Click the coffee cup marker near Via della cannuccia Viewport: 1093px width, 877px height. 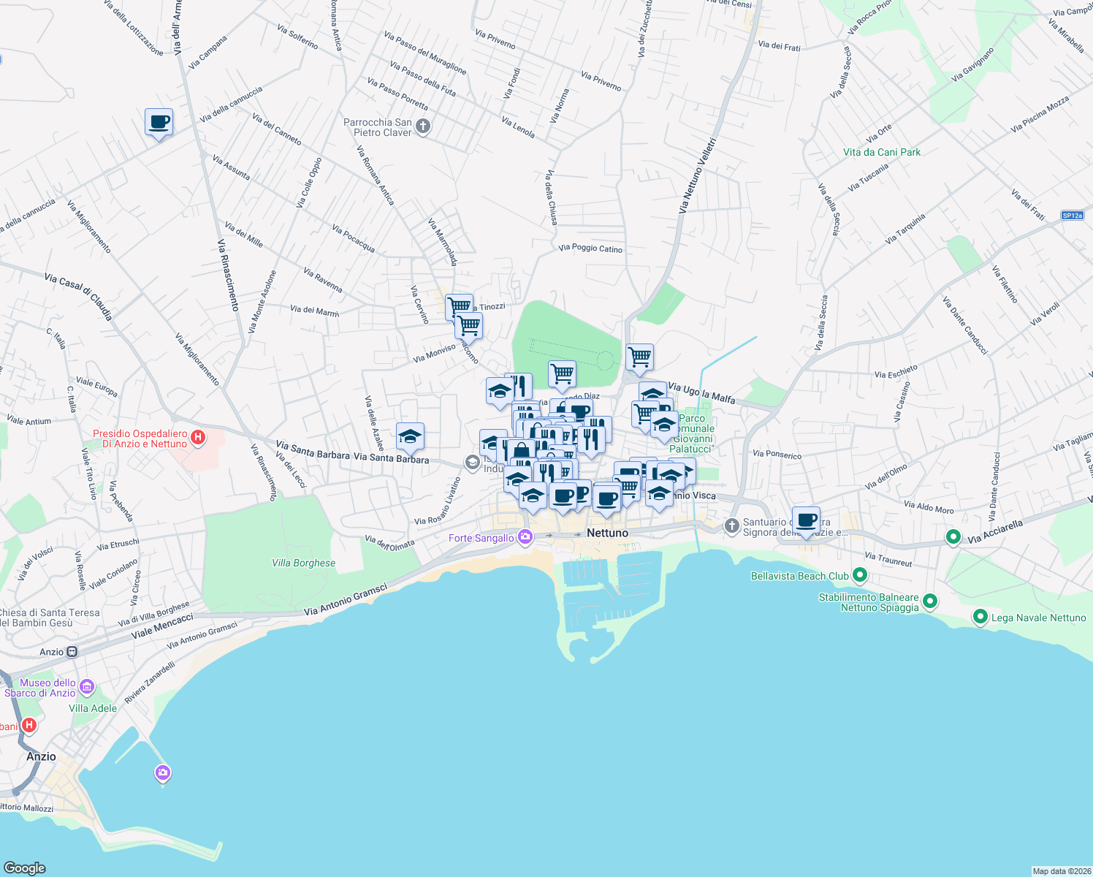(x=159, y=122)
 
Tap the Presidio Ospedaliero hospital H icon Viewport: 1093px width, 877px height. (x=197, y=438)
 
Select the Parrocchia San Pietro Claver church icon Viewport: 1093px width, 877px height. (x=423, y=127)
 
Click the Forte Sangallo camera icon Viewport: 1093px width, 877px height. (x=525, y=537)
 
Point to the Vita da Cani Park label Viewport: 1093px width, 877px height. (x=882, y=152)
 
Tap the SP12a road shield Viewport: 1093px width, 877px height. (x=1073, y=216)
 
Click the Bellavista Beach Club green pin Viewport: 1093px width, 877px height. (x=859, y=576)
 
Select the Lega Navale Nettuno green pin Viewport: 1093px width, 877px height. (x=980, y=618)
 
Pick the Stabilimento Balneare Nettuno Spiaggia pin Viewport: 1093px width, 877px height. (x=929, y=601)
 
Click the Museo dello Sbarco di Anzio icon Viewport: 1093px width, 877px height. (x=87, y=687)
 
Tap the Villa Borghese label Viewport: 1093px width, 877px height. (x=303, y=563)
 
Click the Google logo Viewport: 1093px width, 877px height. (x=24, y=867)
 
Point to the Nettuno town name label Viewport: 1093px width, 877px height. (x=607, y=533)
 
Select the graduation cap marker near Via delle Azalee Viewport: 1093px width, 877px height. (x=410, y=436)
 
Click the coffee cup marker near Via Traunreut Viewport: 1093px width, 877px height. (x=806, y=520)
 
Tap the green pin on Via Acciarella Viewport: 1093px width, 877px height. (x=953, y=537)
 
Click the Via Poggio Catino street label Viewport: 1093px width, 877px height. (x=590, y=248)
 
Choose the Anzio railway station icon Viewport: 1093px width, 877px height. (x=72, y=652)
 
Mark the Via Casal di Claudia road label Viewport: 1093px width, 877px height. (x=78, y=297)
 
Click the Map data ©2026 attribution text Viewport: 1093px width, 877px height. (x=1061, y=871)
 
